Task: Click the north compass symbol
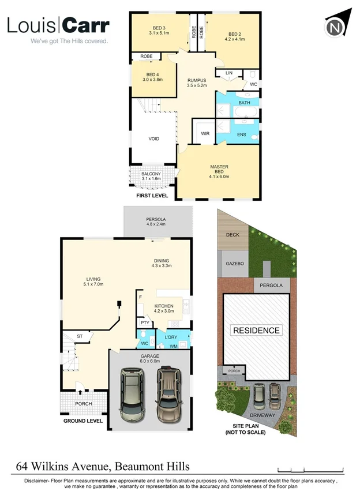click(x=335, y=25)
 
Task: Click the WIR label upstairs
click(x=205, y=133)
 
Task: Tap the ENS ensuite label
click(x=241, y=135)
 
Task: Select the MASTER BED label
click(x=219, y=170)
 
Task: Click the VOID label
click(x=153, y=138)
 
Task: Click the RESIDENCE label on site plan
click(x=257, y=331)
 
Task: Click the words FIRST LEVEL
click(x=152, y=196)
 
